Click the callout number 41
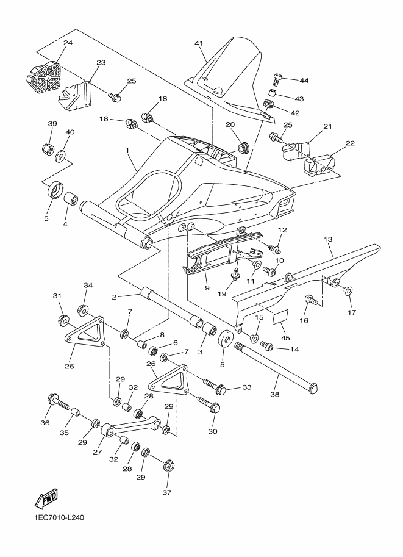[x=199, y=43]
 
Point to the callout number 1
[x=127, y=149]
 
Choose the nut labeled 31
[x=63, y=319]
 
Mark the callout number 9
[x=207, y=289]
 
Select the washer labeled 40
[x=62, y=156]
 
